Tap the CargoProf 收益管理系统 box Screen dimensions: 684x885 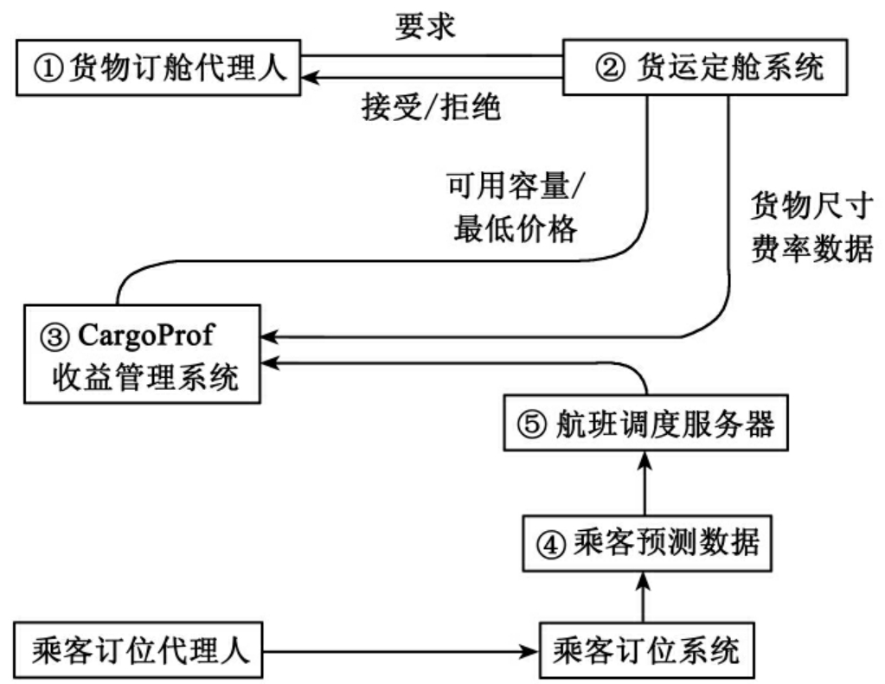pyautogui.click(x=143, y=355)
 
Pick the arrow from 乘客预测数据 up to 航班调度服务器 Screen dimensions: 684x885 pyautogui.click(x=641, y=484)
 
